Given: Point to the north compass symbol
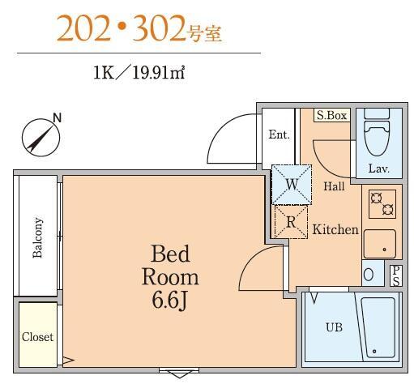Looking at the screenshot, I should (x=41, y=135).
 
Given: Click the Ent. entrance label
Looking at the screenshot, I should (x=279, y=135).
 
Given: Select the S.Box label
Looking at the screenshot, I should (x=332, y=116).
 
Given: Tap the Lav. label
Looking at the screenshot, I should (x=378, y=169).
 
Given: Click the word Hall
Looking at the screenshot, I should (x=335, y=186).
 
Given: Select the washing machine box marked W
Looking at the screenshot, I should (x=290, y=184).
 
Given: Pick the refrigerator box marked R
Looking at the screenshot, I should (x=290, y=220).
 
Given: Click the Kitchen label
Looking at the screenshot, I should (x=335, y=230).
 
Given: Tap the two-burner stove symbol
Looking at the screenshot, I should (x=382, y=203).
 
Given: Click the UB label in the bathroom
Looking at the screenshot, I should (x=333, y=328).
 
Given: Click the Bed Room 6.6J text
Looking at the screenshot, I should (x=170, y=275).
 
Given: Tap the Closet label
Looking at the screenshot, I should (x=37, y=336).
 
